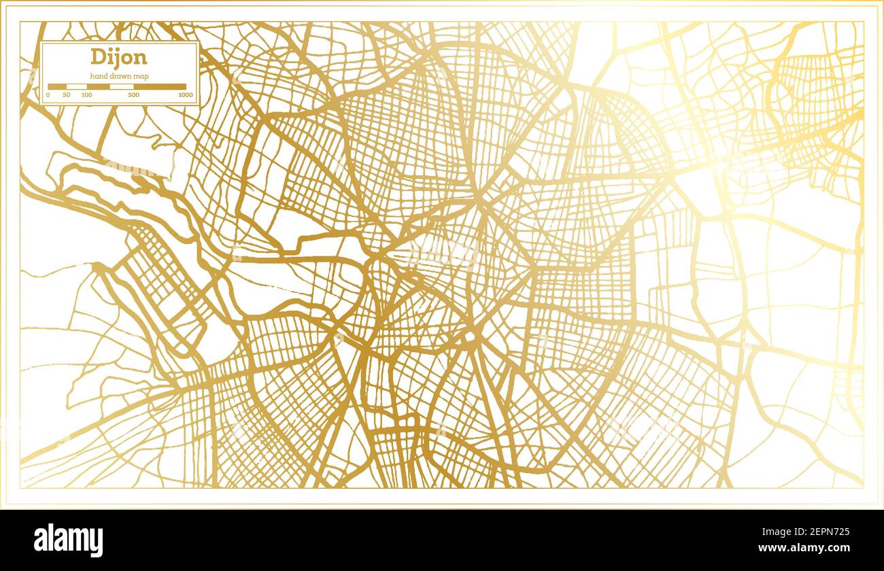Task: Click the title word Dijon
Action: pos(119,56)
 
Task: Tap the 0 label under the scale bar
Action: pos(48,94)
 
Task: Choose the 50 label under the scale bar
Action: pos(66,94)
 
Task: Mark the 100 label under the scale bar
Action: pos(86,94)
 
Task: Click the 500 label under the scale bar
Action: pos(133,94)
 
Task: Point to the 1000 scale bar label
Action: pos(185,94)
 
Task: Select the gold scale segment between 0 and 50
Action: pos(57,87)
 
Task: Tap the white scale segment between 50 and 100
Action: pos(76,87)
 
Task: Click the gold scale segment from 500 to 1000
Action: pos(160,87)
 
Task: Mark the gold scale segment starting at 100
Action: pos(98,87)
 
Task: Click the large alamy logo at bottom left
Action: pos(68,540)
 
